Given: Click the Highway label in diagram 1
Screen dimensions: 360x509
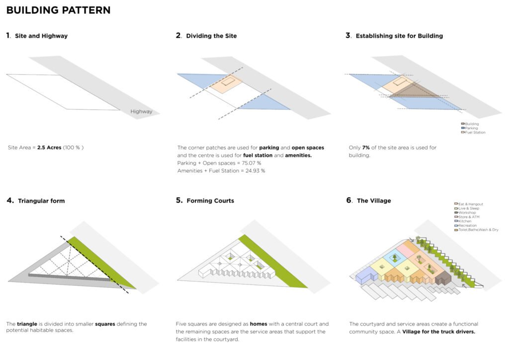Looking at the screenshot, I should click(x=141, y=112).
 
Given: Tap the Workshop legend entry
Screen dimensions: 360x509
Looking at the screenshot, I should click(x=467, y=212).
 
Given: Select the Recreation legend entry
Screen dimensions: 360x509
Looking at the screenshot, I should click(x=468, y=225).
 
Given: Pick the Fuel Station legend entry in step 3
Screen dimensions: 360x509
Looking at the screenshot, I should click(x=475, y=132).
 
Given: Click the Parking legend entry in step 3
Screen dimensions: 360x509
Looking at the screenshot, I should click(x=472, y=128).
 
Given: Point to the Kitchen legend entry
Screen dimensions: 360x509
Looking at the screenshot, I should click(x=465, y=221).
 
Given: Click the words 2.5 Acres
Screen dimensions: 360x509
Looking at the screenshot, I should click(x=49, y=148).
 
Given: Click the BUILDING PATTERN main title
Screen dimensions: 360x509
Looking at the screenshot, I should click(x=58, y=10).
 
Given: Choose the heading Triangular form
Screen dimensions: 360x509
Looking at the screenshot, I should click(x=41, y=201).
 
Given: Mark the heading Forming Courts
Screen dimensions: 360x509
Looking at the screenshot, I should click(x=210, y=201).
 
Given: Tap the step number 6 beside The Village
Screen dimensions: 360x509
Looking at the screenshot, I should click(x=348, y=200).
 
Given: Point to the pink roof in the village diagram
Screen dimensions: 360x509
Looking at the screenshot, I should click(x=407, y=251).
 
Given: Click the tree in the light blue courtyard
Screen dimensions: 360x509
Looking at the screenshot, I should click(x=395, y=257).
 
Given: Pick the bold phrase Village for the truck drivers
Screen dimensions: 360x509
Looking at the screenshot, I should click(x=438, y=332).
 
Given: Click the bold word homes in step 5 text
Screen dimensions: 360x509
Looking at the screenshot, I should click(x=258, y=324).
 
